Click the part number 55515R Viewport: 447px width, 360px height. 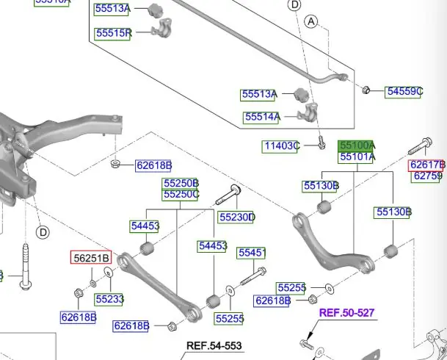(x=113, y=32)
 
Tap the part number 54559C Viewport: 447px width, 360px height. (x=404, y=92)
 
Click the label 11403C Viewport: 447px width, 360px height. (x=282, y=146)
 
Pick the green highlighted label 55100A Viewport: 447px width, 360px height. (x=357, y=146)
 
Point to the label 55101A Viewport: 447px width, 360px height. (x=357, y=156)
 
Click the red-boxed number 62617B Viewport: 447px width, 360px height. (x=427, y=165)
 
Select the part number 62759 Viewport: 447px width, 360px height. (x=426, y=176)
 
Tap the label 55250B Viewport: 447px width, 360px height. (x=181, y=183)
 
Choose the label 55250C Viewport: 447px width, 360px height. (x=181, y=194)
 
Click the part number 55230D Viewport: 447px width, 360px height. (x=236, y=217)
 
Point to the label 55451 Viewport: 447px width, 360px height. (x=252, y=253)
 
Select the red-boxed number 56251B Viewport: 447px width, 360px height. (x=91, y=257)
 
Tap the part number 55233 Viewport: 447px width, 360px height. (x=109, y=299)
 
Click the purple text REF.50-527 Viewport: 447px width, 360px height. (x=346, y=313)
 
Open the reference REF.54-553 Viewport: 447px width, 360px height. (x=214, y=345)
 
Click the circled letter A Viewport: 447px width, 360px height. (x=311, y=24)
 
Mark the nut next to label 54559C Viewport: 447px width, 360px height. (x=366, y=90)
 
